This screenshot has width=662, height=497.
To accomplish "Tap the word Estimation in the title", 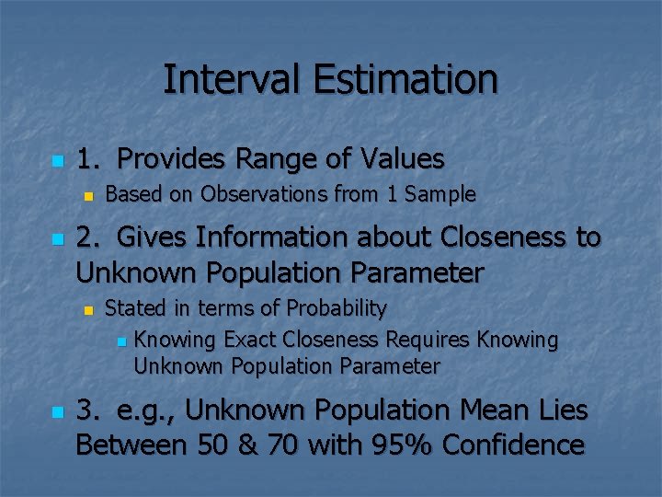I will click(405, 79).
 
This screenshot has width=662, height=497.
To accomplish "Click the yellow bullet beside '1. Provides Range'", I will click(56, 161).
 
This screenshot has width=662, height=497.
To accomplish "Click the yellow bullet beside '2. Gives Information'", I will click(56, 239).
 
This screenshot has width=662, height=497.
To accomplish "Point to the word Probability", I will click(337, 307).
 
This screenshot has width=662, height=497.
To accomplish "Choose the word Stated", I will click(132, 307).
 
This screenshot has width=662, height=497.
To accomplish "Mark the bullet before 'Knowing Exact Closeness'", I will click(120, 341).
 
